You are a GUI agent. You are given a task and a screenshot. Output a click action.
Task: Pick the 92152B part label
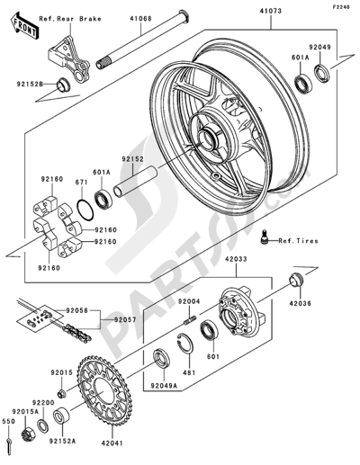click(27, 85)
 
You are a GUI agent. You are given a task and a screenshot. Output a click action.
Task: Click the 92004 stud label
click(187, 301)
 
